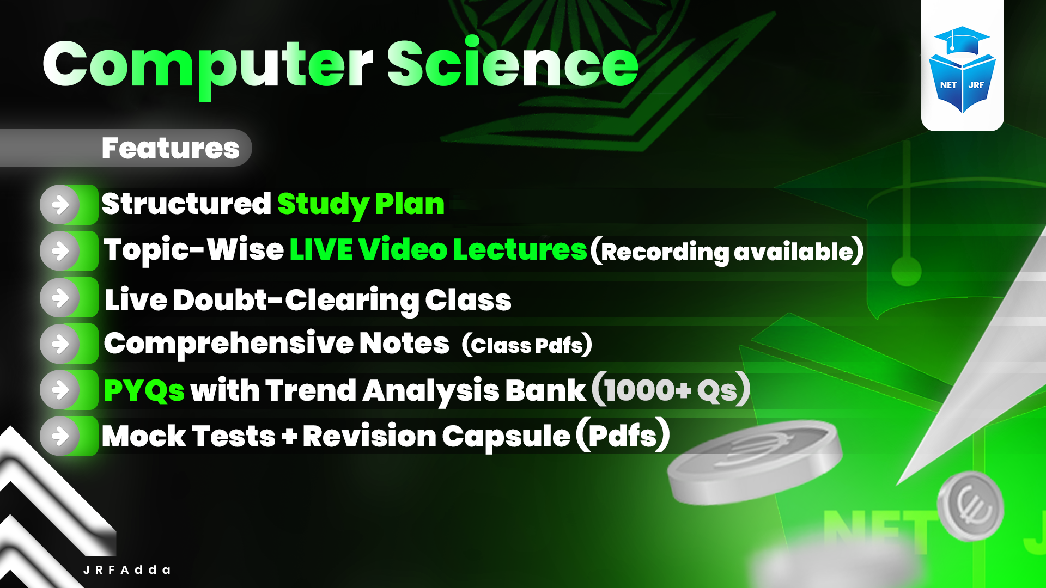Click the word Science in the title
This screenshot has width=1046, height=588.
click(x=512, y=64)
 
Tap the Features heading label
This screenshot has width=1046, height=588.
click(x=170, y=148)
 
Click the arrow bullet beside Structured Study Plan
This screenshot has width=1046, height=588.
click(x=60, y=205)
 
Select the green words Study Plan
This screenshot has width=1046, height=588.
click(x=361, y=204)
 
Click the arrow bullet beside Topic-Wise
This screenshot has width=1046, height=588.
click(x=60, y=251)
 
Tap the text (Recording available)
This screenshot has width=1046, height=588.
click(x=727, y=251)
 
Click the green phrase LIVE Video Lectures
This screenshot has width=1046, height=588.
click(x=438, y=250)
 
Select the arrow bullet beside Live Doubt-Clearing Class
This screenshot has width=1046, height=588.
click(x=60, y=297)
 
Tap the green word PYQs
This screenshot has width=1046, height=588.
click(x=144, y=390)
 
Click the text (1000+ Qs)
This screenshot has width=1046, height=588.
click(x=671, y=390)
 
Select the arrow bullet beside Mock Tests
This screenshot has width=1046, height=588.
click(x=60, y=436)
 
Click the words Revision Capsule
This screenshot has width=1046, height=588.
click(x=436, y=437)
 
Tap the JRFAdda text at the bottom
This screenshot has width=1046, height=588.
click(x=127, y=570)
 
